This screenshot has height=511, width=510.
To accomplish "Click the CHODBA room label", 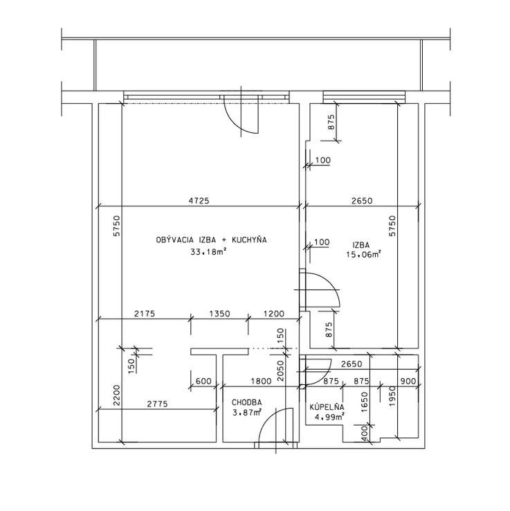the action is [246, 402].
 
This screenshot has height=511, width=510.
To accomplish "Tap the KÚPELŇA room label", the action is [327, 406].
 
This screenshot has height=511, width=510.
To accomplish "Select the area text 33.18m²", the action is [208, 251].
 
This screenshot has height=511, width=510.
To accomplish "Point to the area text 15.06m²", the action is [363, 254].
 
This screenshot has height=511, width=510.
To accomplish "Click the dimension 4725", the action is [199, 201].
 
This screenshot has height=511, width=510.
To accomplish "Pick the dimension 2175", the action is [145, 314].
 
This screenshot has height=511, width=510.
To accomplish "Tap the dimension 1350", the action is [219, 314].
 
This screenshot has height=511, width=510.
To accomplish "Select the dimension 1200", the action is [273, 314].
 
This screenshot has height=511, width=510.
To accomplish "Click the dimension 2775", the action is [157, 404].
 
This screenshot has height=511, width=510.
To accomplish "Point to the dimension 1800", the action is [261, 381].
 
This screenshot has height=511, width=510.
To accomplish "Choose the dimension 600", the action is [203, 381].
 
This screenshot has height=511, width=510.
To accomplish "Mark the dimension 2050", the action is [280, 370].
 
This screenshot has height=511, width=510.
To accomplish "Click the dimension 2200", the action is [117, 395].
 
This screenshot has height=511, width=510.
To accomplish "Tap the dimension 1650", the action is [364, 402].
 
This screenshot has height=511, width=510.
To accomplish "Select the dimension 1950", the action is [392, 396].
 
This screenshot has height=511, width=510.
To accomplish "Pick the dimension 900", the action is [408, 381].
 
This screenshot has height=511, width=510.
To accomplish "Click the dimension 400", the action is [365, 432].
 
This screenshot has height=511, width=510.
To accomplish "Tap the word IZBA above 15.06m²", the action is [361, 245].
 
